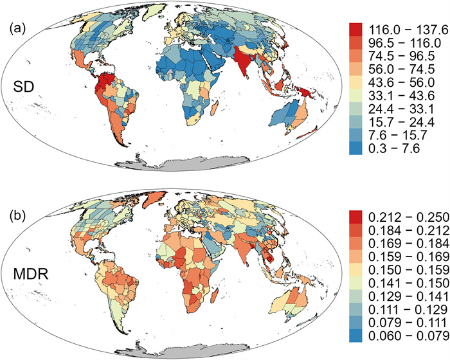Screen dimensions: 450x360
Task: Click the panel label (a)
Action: [17, 30]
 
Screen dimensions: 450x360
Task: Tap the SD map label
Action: [24, 87]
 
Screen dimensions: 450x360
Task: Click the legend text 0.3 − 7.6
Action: [394, 148]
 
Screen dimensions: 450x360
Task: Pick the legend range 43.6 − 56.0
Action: [402, 82]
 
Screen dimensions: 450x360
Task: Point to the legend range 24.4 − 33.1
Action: [402, 109]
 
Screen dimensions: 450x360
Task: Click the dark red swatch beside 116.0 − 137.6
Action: [355, 30]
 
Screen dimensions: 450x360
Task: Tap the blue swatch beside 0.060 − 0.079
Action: [355, 336]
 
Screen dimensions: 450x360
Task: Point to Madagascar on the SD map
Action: [214, 109]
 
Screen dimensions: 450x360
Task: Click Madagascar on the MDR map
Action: [214, 296]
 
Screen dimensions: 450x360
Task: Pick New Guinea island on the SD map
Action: [307, 93]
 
